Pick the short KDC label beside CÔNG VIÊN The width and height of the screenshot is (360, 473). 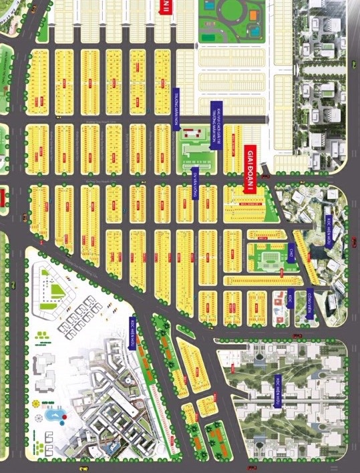click(290, 300)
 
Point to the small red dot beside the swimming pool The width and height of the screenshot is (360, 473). click(65, 422)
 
